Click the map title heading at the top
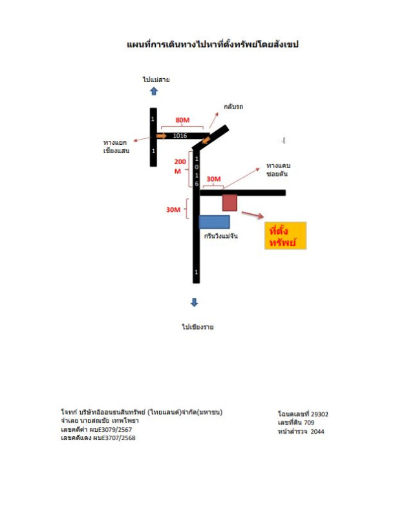pyautogui.click(x=213, y=45)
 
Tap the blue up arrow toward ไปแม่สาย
pyautogui.click(x=154, y=91)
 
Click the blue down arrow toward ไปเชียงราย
pyautogui.click(x=194, y=302)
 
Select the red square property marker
pyautogui.click(x=230, y=202)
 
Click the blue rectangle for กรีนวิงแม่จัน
pyautogui.click(x=215, y=222)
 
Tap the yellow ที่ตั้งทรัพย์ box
pyautogui.click(x=285, y=235)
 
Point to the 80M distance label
pyautogui.click(x=182, y=120)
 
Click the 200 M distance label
pyautogui.click(x=180, y=166)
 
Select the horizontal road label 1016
pyautogui.click(x=180, y=136)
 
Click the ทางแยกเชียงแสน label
pyautogui.click(x=116, y=147)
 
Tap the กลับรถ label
pyautogui.click(x=233, y=107)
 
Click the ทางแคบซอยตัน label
pyautogui.click(x=279, y=170)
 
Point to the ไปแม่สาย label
pyautogui.click(x=156, y=79)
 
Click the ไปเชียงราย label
pyautogui.click(x=198, y=327)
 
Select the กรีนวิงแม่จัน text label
pyautogui.click(x=220, y=236)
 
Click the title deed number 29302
pyautogui.click(x=319, y=414)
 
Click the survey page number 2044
pyautogui.click(x=317, y=431)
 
